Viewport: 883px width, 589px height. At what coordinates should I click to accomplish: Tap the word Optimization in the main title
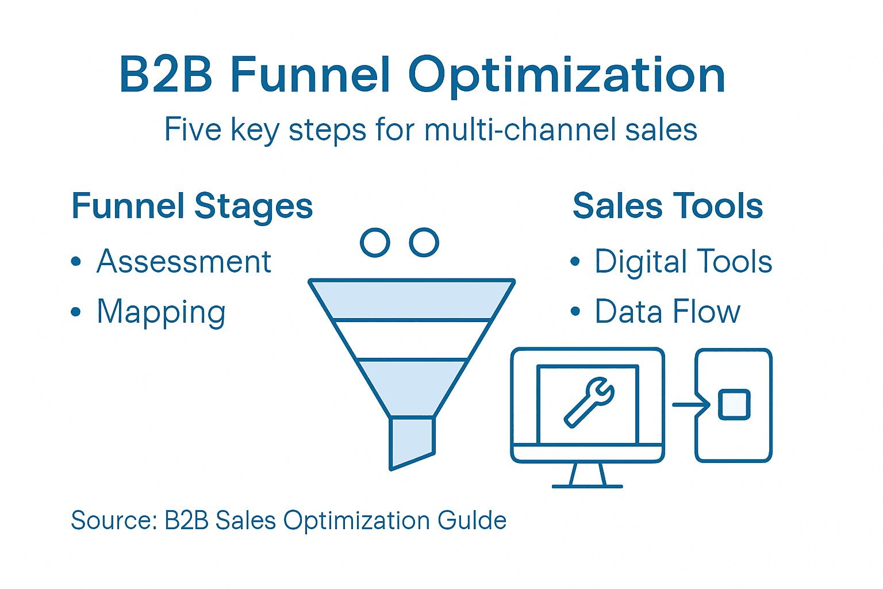566,76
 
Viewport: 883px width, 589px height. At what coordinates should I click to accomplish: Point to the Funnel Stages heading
192,206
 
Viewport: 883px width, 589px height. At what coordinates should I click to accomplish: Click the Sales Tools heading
667,206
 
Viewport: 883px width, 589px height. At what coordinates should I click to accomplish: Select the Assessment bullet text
183,262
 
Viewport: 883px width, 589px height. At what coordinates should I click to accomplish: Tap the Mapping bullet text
161,312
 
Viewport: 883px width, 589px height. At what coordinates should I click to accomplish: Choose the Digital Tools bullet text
683,262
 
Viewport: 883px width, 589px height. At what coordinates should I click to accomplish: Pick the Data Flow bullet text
667,312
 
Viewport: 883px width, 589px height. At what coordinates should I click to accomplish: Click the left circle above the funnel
375,242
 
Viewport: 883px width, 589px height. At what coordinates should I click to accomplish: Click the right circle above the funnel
424,242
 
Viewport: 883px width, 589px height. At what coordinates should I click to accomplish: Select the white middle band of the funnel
412,339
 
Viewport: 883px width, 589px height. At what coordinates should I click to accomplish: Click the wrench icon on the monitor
589,403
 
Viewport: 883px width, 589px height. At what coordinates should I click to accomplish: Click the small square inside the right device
734,404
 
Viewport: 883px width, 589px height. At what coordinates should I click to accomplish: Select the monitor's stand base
587,485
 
